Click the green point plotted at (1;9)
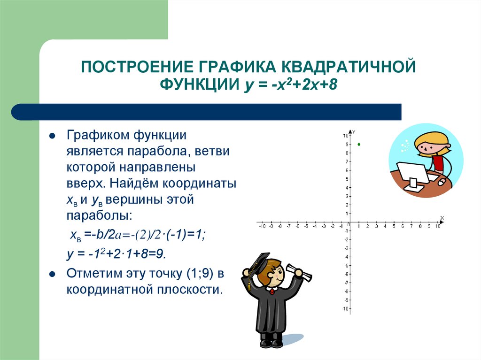[x=359, y=144]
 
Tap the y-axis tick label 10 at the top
[x=345, y=136]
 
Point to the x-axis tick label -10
[x=262, y=226]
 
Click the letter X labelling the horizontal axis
[x=442, y=218]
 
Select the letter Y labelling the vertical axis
[x=354, y=131]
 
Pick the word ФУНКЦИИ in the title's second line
[x=199, y=85]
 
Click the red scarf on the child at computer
[x=439, y=162]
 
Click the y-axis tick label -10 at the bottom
[x=345, y=308]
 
